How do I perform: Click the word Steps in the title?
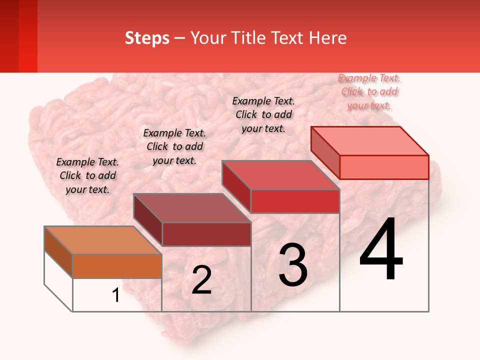[x=147, y=38]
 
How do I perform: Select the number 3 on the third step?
[x=293, y=264]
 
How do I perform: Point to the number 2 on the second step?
[x=201, y=280]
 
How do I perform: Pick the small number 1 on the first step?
[x=116, y=295]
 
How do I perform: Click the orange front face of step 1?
[x=117, y=266]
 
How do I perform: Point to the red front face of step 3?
[x=295, y=201]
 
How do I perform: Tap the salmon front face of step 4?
[x=384, y=167]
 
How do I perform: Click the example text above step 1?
[x=87, y=175]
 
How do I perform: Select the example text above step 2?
[x=174, y=146]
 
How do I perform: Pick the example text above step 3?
[x=263, y=114]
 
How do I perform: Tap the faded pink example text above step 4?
[x=369, y=91]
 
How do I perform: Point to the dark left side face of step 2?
[x=148, y=220]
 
